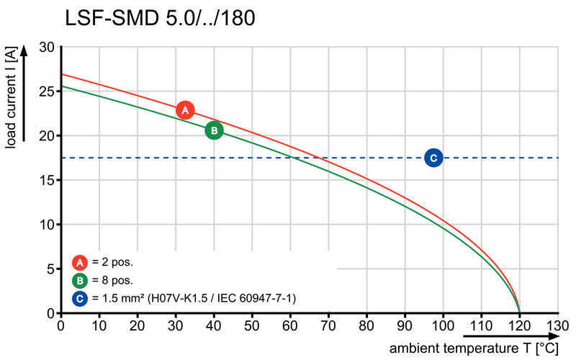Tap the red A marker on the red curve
(x=185, y=110)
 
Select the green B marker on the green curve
(x=214, y=130)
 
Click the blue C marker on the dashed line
(x=433, y=158)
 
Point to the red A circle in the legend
(x=80, y=262)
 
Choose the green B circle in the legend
(x=80, y=280)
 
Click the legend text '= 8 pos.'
(x=112, y=280)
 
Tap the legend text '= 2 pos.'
(x=112, y=262)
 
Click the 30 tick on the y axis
(x=47, y=47)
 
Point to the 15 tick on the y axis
(x=47, y=180)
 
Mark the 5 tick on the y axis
(x=50, y=269)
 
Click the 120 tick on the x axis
(x=519, y=325)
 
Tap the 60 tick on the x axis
(x=290, y=325)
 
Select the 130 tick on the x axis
(x=557, y=325)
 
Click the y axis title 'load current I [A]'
(x=11, y=97)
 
